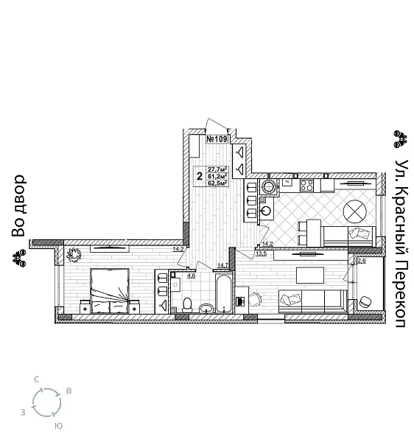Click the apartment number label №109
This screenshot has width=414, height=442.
point(217,138)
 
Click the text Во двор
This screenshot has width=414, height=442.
point(18,206)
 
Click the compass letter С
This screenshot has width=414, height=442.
point(37,379)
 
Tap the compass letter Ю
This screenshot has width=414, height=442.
point(58,426)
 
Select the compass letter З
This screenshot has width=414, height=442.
point(24,412)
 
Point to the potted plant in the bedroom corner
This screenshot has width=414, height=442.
point(74,255)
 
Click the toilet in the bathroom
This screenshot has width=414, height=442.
point(188,303)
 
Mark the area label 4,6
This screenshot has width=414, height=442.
point(192,276)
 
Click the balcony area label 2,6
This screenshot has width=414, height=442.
point(361,261)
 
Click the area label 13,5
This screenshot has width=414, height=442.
point(261,253)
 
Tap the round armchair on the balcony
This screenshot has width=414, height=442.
point(365,301)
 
